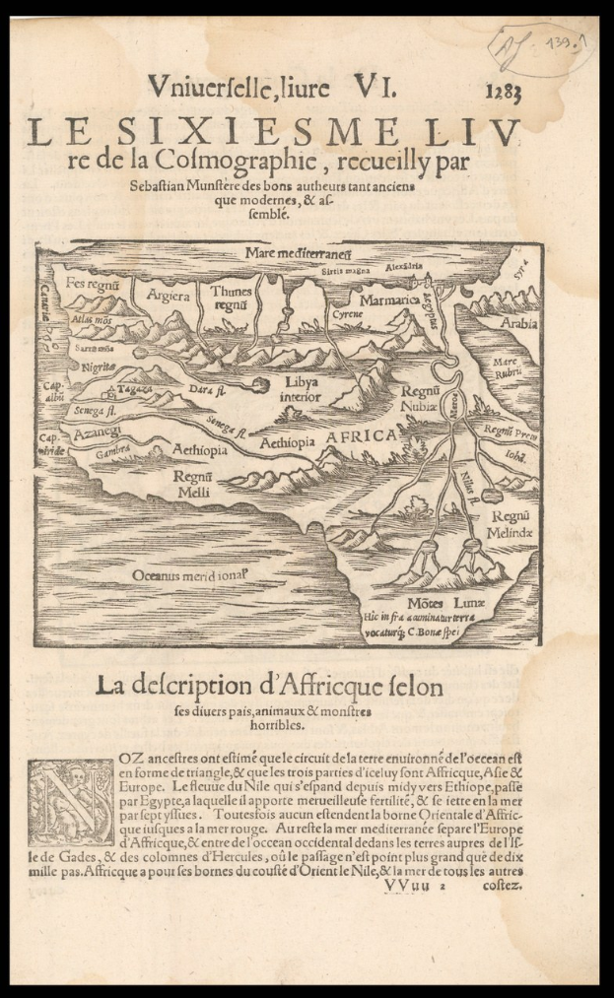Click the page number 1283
click(503, 94)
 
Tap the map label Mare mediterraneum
click(286, 253)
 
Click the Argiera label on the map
click(168, 295)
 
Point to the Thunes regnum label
click(232, 298)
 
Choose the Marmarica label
click(389, 299)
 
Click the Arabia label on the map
click(518, 322)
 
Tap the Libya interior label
click(300, 388)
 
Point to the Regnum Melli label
click(194, 484)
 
